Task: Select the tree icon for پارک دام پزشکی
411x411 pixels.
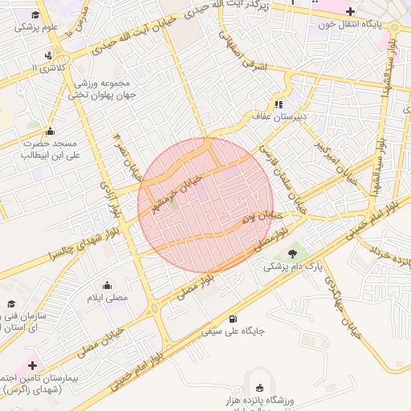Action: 291,254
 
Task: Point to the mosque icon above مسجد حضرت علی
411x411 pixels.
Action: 50,131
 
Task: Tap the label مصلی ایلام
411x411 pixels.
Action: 107,298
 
